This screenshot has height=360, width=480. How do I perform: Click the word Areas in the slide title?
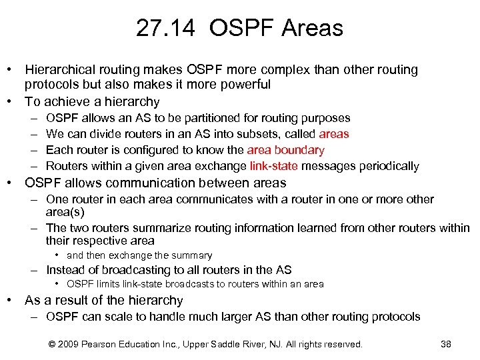[x=312, y=28]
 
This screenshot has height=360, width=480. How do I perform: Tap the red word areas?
[x=334, y=134]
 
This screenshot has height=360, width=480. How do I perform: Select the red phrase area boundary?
[x=285, y=150]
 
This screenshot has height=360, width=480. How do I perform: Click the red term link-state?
[x=275, y=166]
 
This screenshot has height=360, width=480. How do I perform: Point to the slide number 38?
[x=446, y=344]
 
